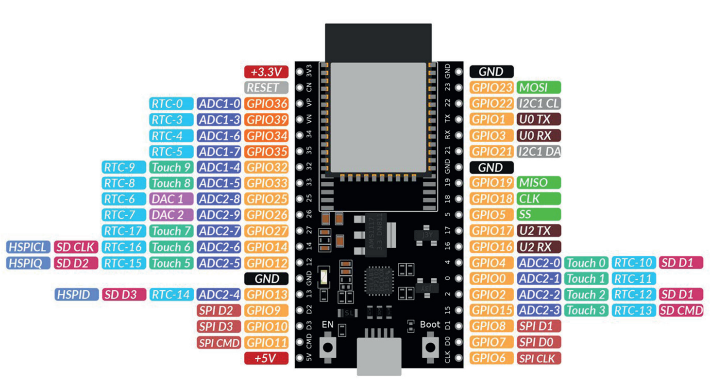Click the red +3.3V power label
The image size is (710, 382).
[266, 72]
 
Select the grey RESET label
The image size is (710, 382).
[266, 88]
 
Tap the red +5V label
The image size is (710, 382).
[266, 358]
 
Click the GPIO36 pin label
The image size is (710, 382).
[267, 103]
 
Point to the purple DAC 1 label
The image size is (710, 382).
[172, 199]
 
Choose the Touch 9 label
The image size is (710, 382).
[172, 167]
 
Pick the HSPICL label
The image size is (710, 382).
[28, 247]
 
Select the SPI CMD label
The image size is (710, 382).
[219, 343]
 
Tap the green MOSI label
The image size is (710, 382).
[539, 88]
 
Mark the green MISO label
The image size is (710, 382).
[539, 183]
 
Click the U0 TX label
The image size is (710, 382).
[539, 119]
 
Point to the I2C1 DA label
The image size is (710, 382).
[539, 151]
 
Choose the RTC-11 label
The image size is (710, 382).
[634, 279]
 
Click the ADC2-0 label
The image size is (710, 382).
[539, 263]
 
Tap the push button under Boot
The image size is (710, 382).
[430, 347]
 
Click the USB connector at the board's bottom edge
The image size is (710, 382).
[379, 356]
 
